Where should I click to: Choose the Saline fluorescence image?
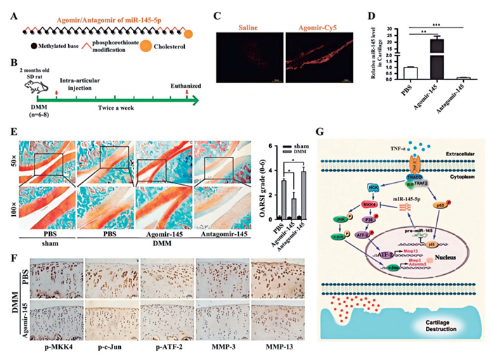tap(237, 47)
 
